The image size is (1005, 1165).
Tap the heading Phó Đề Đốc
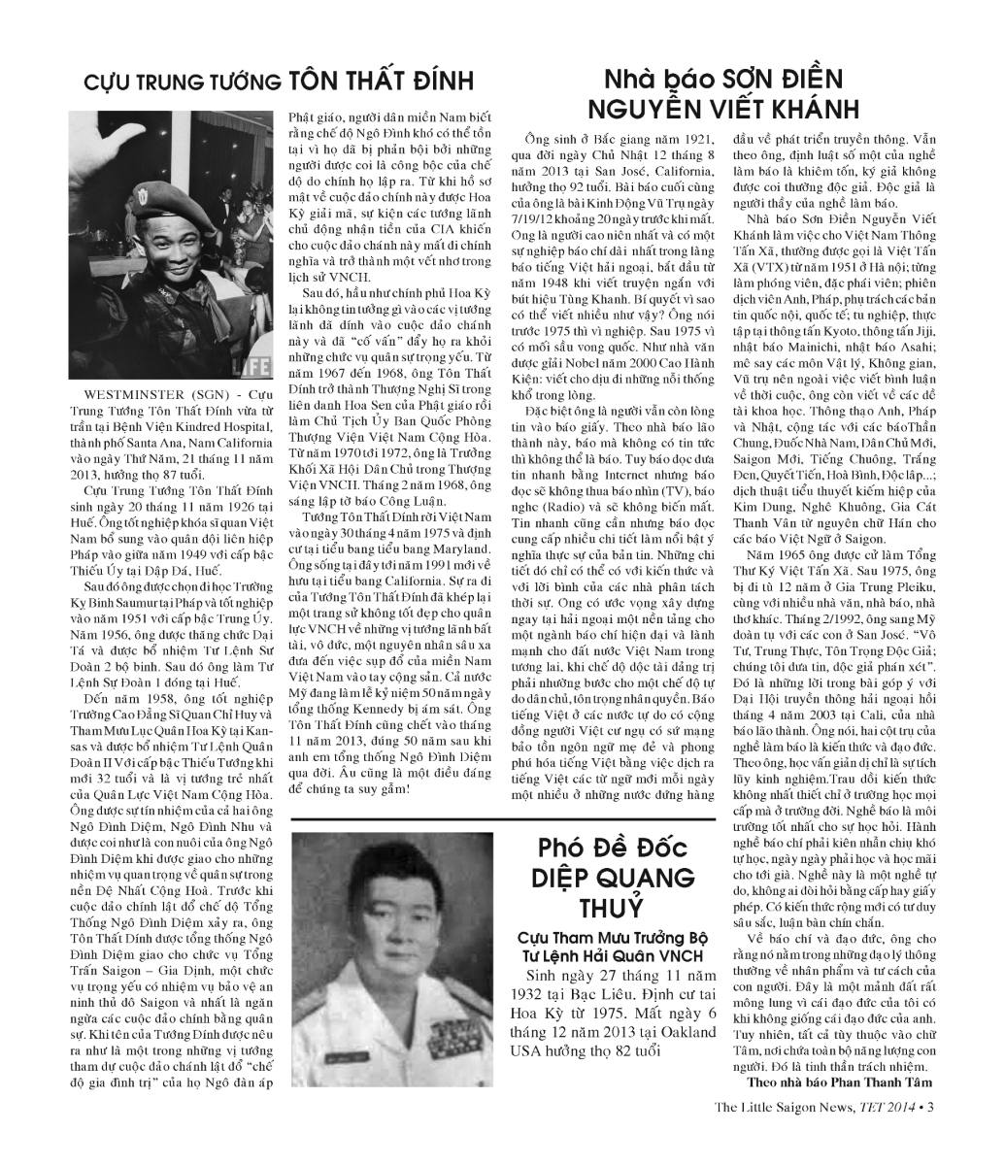coord(613,848)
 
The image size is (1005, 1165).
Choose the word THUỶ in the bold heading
coord(612,910)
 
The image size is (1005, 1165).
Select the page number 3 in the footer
coord(931,1105)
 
